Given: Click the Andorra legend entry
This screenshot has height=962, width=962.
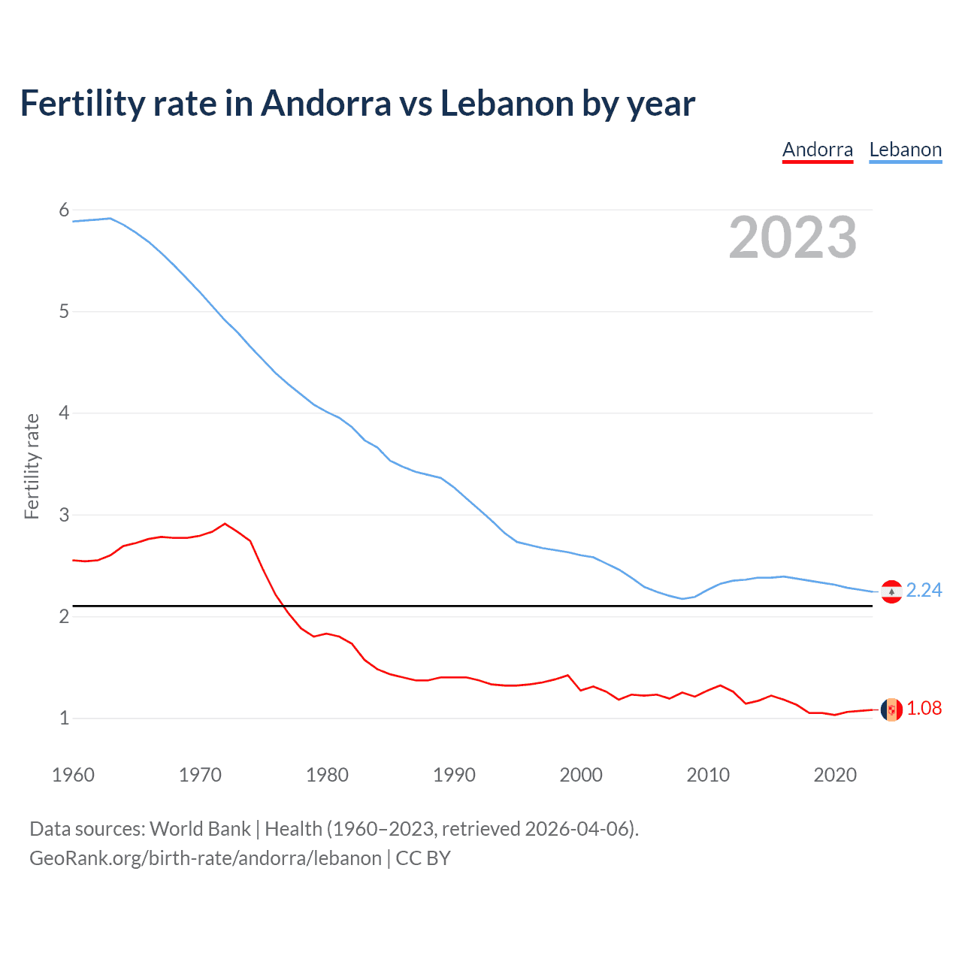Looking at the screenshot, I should point(818,150).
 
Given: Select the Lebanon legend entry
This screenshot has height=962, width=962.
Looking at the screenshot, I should point(905,150).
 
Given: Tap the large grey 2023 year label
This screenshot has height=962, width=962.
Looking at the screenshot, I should point(792,237).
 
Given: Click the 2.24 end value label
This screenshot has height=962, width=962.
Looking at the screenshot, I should point(924,591).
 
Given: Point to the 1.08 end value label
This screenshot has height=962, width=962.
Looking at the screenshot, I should point(924,709).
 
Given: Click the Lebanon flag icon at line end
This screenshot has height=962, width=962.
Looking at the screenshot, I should point(891,592).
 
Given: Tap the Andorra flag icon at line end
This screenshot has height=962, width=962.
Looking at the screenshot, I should point(891,709).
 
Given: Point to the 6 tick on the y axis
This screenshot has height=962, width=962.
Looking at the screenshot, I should point(64,210).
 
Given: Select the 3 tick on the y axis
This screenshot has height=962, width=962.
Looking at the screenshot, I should point(64,515).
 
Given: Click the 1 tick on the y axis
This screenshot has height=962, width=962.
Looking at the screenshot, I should point(64,718).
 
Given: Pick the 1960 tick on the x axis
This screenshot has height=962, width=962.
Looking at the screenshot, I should point(73,775).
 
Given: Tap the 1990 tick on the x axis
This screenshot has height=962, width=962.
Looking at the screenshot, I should point(454,775).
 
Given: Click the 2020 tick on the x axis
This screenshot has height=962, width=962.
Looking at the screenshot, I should point(835,775).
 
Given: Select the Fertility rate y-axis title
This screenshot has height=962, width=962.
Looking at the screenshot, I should point(32,466).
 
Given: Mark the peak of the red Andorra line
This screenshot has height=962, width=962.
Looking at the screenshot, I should point(225,524).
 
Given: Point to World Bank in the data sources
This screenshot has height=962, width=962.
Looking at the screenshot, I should point(200,829).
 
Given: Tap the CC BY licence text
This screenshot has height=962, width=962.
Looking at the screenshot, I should point(423,858).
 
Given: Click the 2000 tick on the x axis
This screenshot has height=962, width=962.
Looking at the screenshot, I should point(581,775).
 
